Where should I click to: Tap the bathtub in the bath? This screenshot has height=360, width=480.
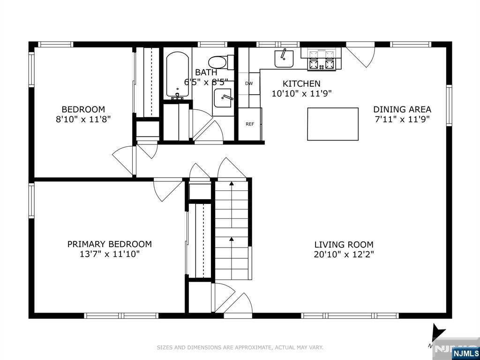(x=178, y=75)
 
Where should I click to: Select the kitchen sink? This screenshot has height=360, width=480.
(x=284, y=58)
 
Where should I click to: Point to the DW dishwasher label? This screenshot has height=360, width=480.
(x=249, y=83)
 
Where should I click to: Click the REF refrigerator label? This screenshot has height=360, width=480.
(x=250, y=124)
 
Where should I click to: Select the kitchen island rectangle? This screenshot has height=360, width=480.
(x=333, y=124)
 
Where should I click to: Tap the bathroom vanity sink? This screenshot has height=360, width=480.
(x=223, y=98)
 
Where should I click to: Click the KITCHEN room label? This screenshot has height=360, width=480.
(x=301, y=83)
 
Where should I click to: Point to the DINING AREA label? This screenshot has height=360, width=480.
(x=402, y=109)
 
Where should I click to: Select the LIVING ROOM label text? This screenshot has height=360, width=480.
(x=344, y=245)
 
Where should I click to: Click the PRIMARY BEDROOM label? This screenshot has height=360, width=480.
(x=109, y=244)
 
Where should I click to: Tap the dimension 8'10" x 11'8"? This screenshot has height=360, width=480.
(x=83, y=119)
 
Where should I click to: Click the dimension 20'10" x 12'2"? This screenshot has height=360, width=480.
(x=344, y=255)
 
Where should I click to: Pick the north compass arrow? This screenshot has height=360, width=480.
(x=438, y=331)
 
